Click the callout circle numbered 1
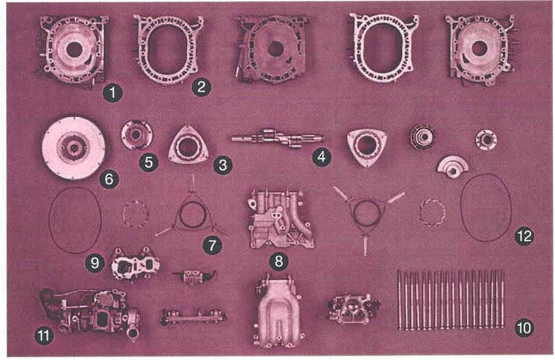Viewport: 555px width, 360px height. coord(113,93)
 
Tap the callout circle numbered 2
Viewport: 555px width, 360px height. coord(201,87)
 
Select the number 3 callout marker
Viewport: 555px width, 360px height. coord(223,165)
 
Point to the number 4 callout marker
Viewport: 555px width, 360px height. coord(322,156)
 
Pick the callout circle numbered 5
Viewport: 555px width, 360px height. coord(148,163)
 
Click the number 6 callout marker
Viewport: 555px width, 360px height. coord(109,179)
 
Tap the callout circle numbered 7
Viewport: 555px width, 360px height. coord(212,245)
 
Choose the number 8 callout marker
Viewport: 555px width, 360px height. coord(279,262)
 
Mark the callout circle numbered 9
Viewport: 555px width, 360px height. coord(95,263)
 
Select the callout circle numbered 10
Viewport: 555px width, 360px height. coord(524,328)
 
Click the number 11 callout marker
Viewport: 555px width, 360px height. coord(44,335)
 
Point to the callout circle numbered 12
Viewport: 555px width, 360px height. coord(524,236)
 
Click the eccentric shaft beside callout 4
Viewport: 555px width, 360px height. coord(277,138)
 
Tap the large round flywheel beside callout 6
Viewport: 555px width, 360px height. coord(74,148)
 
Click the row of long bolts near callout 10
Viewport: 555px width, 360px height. coord(451,300)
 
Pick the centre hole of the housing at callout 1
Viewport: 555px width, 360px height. coord(74,50)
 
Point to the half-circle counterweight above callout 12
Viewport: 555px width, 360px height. coord(453,167)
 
